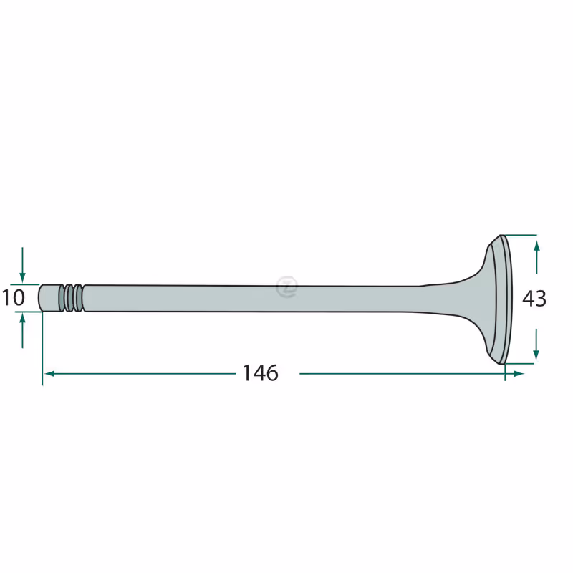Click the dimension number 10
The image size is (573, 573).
click(x=14, y=298)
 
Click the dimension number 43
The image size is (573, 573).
click(x=534, y=299)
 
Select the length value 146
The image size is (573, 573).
click(x=260, y=373)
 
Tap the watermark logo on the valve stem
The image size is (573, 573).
click(x=287, y=286)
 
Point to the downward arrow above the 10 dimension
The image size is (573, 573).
click(x=22, y=265)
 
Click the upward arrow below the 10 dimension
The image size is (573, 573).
click(x=22, y=331)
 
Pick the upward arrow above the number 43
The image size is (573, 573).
click(x=536, y=257)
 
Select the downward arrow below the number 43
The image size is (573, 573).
click(x=536, y=345)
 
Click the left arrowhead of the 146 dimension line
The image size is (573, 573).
click(x=49, y=373)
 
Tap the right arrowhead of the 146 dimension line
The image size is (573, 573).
click(x=519, y=373)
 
